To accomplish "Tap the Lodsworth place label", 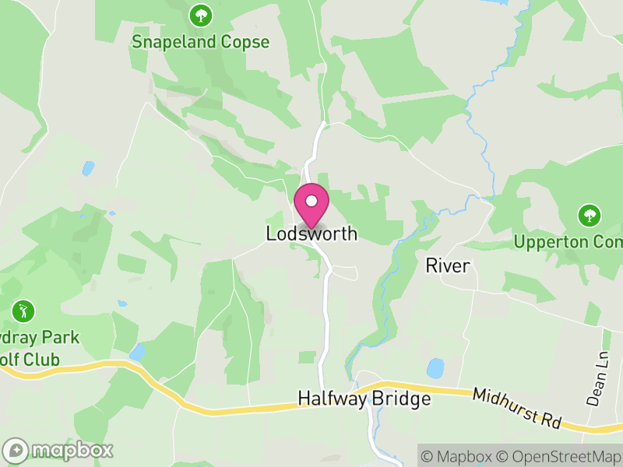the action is pyautogui.click(x=311, y=233).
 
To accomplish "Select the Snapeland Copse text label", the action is pyautogui.click(x=201, y=41).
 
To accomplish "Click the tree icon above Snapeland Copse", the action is pyautogui.click(x=201, y=15).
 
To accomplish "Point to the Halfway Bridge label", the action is pyautogui.click(x=364, y=400).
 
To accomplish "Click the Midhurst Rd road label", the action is pyautogui.click(x=517, y=407).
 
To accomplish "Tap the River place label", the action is pyautogui.click(x=448, y=266).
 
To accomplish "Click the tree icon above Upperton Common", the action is pyautogui.click(x=589, y=215).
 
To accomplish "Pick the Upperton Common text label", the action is pyautogui.click(x=568, y=241).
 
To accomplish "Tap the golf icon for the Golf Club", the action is pyautogui.click(x=23, y=311).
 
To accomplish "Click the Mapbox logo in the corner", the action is pyautogui.click(x=58, y=450).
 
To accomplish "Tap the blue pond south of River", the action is pyautogui.click(x=435, y=367).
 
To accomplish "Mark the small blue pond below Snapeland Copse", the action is pyautogui.click(x=88, y=168).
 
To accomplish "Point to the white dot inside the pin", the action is pyautogui.click(x=311, y=202).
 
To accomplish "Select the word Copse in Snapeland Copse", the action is pyautogui.click(x=244, y=41).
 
